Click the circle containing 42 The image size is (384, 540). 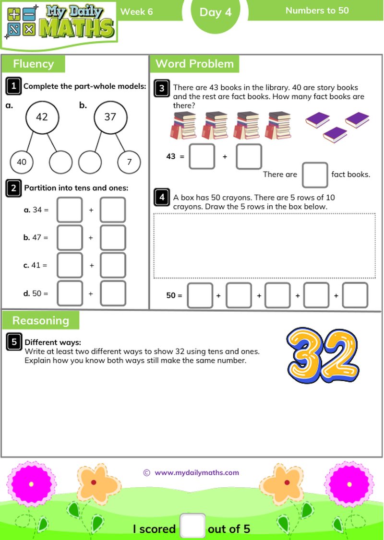coord(42,117)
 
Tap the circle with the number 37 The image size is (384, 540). coord(110,117)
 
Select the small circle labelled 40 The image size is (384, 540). coord(22,162)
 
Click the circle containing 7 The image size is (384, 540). coord(129,162)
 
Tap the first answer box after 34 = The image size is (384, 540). coord(70,210)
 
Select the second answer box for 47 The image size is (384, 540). coord(113,237)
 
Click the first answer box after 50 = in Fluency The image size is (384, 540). coord(70,293)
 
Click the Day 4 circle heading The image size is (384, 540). coord(215,13)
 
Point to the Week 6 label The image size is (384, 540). coord(136,12)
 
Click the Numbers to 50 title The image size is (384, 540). coord(317,10)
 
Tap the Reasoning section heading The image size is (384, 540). coord(41,320)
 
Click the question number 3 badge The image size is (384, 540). coord(162,88)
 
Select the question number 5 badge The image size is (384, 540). coord(14,342)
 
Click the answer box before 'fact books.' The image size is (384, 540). coord(314,175)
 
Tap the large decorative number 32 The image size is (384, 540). coord(323,355)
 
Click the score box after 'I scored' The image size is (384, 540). coord(192,526)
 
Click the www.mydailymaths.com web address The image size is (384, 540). coord(196,472)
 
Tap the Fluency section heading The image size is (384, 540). coord(33,64)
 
